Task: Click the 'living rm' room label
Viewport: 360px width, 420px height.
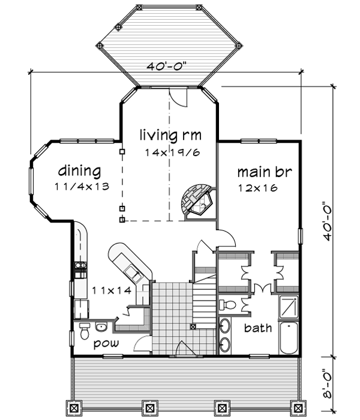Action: pyautogui.click(x=170, y=134)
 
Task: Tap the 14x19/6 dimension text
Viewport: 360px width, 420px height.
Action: pyautogui.click(x=172, y=152)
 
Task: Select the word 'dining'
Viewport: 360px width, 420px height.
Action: pyautogui.click(x=80, y=170)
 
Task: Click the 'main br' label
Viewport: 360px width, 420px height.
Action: pyautogui.click(x=264, y=172)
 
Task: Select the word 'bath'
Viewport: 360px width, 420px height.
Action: pyautogui.click(x=258, y=328)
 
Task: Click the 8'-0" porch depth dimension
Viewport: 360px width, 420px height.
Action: pyautogui.click(x=326, y=387)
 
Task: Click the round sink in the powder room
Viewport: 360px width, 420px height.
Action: pyautogui.click(x=101, y=327)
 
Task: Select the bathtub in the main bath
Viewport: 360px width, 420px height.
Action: pyautogui.click(x=289, y=339)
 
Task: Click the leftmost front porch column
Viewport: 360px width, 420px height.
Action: pyautogui.click(x=75, y=408)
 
